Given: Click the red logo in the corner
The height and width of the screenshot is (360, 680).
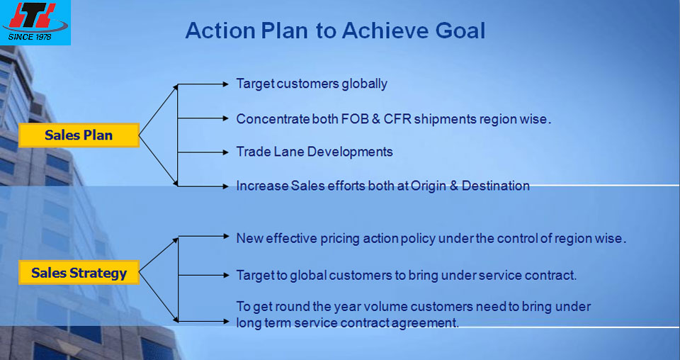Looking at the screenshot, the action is [x=35, y=17].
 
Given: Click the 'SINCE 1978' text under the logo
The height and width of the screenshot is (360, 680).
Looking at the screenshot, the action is [x=30, y=37].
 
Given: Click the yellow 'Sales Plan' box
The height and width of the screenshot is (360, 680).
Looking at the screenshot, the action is [x=79, y=135].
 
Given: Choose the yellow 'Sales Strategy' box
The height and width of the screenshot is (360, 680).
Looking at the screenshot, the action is [x=79, y=273].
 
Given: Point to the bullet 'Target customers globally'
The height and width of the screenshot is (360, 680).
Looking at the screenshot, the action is [x=312, y=84].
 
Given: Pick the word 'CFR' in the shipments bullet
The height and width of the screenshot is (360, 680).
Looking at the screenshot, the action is [x=397, y=119].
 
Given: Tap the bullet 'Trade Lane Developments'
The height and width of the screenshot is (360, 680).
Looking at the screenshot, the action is [x=314, y=152].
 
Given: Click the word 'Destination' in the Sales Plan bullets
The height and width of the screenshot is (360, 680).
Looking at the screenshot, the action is [x=495, y=186].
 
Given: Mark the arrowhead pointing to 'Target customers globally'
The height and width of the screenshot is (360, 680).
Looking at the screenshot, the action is [x=225, y=84].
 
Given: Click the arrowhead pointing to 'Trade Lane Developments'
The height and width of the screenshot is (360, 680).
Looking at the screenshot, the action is [x=225, y=152].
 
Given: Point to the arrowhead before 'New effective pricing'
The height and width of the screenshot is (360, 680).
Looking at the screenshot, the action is [x=225, y=237].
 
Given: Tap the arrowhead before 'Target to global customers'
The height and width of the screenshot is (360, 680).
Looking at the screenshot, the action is [x=225, y=275].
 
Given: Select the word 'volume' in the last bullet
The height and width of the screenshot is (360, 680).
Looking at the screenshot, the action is [x=385, y=307].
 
